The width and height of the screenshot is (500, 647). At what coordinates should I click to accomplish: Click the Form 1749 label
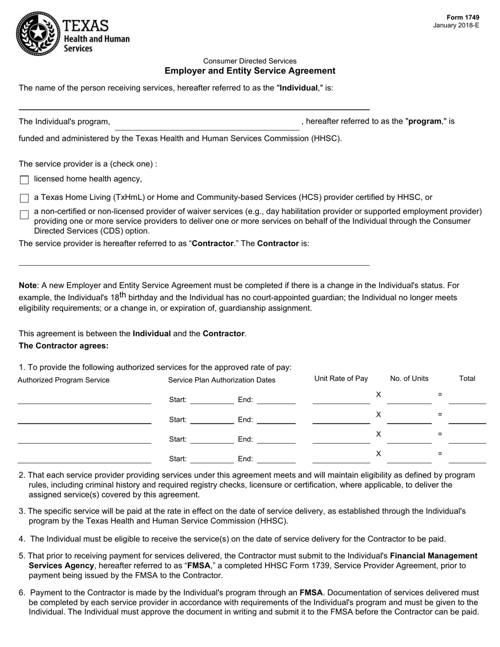point(463,17)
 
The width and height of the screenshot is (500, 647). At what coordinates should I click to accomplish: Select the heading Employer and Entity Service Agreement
point(249,70)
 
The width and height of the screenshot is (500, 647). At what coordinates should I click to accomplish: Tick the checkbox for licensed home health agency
point(24,180)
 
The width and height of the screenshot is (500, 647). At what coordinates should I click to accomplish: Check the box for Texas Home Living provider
point(24,198)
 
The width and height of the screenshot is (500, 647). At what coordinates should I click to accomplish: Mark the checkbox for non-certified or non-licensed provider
point(24,215)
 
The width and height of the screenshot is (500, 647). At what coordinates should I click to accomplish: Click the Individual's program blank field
point(207,124)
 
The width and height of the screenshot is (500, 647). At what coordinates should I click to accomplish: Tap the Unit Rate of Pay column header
point(341,379)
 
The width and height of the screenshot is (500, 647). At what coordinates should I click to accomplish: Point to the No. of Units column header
point(409,379)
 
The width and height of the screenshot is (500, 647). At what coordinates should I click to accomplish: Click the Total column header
point(467,379)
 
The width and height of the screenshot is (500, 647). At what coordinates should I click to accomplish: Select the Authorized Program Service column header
point(64,380)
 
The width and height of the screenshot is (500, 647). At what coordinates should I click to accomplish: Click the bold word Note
point(27,286)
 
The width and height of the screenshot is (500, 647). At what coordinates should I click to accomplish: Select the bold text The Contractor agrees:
point(64,346)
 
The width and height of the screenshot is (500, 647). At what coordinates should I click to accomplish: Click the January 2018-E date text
point(456,25)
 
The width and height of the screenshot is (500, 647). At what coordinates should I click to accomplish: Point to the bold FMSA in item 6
point(311,592)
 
